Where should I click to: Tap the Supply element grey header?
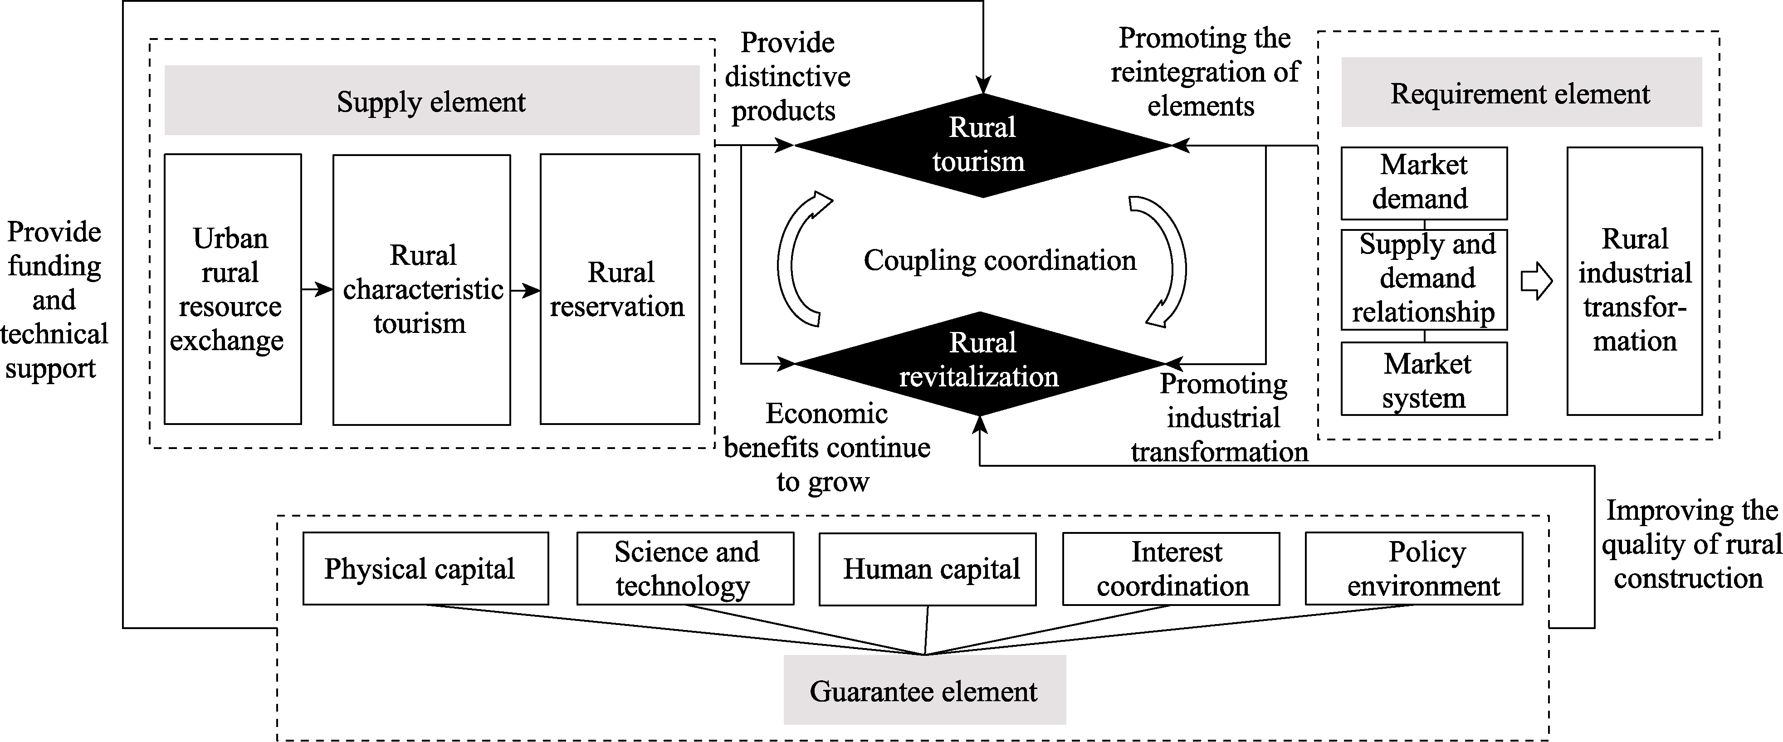[431, 100]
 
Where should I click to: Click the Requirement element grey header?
[1521, 92]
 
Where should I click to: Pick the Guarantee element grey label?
[924, 690]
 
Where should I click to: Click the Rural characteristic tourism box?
[421, 289]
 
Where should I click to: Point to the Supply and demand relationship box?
[1424, 279]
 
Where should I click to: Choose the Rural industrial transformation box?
[1634, 281]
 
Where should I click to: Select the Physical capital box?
[425, 568]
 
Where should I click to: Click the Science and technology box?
[685, 568]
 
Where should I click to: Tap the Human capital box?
[928, 568]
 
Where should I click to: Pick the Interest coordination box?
[1171, 568]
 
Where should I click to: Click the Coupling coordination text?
[1000, 260]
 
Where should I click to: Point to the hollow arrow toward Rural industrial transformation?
[1537, 281]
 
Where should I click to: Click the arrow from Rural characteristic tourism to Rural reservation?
[525, 291]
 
